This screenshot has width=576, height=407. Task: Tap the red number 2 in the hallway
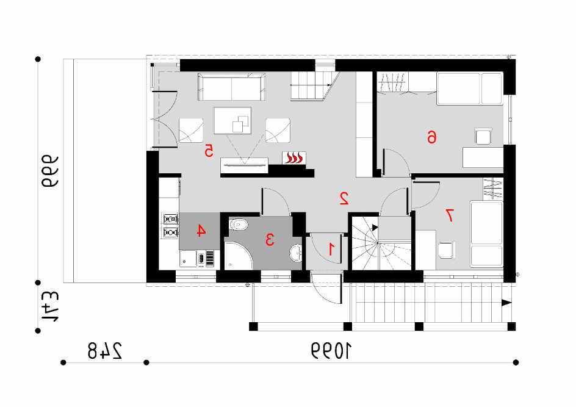coord(344,198)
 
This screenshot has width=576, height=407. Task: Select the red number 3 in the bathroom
coord(270,239)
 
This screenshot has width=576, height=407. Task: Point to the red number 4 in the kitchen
coord(201,231)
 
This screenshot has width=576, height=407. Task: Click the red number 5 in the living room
coord(209,151)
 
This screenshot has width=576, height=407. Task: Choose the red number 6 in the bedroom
coord(431,137)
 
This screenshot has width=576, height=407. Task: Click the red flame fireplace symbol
coord(294,158)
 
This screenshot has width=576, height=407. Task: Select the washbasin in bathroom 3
coord(296,253)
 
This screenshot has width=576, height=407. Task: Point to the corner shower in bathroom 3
coord(239,255)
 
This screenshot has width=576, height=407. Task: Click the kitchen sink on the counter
coord(188,258)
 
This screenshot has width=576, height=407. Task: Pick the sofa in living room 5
coord(232,87)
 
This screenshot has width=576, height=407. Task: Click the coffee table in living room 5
coord(232,120)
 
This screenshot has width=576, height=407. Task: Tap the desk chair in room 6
coord(483,136)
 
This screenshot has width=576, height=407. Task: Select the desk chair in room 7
coord(447,250)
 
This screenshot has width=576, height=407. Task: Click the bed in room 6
coord(470,88)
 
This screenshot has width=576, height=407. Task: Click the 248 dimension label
coord(105,351)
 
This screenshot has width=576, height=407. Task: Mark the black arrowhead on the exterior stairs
coord(507,303)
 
